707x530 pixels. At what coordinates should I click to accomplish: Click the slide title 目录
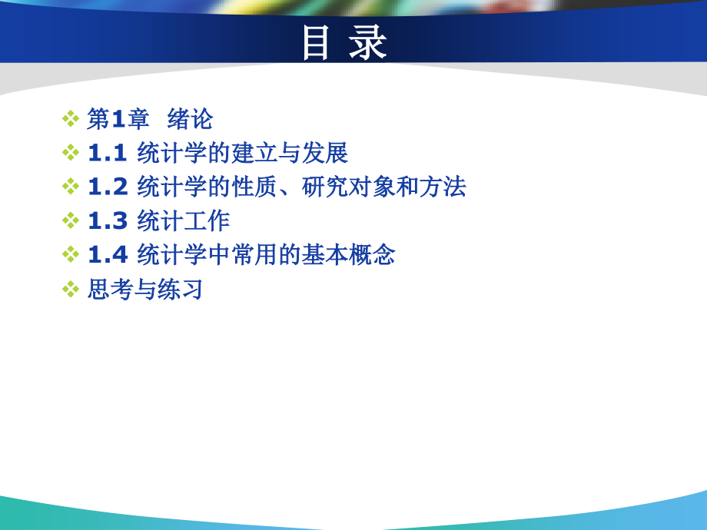pos(345,42)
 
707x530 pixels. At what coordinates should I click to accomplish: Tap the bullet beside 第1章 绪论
pos(71,119)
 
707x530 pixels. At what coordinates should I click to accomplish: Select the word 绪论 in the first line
pos(190,119)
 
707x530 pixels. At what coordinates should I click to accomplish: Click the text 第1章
pos(118,119)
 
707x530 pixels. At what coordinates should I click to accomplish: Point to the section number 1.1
pos(108,153)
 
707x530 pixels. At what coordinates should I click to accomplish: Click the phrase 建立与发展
pos(290,153)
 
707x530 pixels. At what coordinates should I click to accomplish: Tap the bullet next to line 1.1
pos(71,153)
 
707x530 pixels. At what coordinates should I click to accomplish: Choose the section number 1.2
pos(108,187)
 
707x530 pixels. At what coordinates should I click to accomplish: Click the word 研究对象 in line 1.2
pos(348,187)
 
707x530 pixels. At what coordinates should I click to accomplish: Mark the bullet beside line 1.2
pos(71,187)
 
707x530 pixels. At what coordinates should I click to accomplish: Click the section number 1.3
pos(108,220)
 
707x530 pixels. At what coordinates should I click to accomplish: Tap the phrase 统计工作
pos(184,220)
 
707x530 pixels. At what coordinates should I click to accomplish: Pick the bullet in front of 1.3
pos(71,220)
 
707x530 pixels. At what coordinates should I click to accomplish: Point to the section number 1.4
pos(108,255)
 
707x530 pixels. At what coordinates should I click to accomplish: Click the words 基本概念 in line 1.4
pos(349,255)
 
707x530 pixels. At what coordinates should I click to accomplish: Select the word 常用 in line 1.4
pos(254,255)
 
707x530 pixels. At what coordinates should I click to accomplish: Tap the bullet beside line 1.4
pos(71,254)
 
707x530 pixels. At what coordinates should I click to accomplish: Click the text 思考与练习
pos(144,289)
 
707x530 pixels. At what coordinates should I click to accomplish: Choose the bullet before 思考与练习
pos(71,289)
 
